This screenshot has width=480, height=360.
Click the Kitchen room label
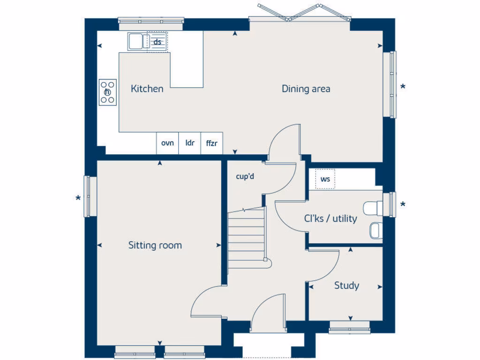tap(147, 89)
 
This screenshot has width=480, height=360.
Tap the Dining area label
tap(306, 89)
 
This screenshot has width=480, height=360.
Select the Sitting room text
tap(155, 245)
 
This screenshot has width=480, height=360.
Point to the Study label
tap(346, 285)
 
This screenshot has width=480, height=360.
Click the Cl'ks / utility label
tap(330, 218)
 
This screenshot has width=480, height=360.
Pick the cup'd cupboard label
tap(245, 177)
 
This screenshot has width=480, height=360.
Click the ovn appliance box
tap(167, 143)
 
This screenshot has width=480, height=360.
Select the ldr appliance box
tap(190, 143)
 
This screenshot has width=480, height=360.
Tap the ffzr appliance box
tap(212, 143)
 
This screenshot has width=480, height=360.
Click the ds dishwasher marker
tap(157, 42)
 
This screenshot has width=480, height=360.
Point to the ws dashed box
tap(325, 179)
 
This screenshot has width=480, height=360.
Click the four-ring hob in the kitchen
tap(107, 92)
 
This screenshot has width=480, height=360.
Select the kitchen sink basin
tap(135, 41)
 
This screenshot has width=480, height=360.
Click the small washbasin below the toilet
tap(375, 230)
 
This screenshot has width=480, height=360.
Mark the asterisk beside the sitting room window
tap(78, 199)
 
